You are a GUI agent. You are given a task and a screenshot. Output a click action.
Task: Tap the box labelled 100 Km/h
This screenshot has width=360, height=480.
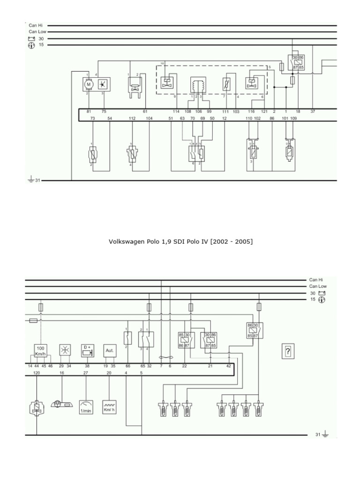click(x=41, y=351)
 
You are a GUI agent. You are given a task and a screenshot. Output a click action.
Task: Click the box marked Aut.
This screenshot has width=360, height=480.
click(x=109, y=350)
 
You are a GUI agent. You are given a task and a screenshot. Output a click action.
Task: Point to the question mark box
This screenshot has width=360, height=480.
click(x=287, y=351)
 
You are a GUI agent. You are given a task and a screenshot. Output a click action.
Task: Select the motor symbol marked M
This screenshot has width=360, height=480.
click(x=88, y=84)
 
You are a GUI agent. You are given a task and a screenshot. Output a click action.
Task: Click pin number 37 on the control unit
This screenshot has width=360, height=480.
click(x=313, y=112)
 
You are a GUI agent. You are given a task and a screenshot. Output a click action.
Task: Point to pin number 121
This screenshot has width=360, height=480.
click(x=264, y=112)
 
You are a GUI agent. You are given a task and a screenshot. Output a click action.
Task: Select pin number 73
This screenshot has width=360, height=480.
click(x=93, y=119)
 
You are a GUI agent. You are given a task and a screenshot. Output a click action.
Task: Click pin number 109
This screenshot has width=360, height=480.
click(x=293, y=119)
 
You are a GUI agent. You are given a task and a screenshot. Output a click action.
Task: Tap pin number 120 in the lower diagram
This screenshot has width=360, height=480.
click(x=37, y=373)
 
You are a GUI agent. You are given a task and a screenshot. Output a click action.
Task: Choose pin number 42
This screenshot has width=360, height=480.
click(x=228, y=365)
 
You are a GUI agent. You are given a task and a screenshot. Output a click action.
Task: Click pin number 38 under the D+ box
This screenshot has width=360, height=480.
click(x=87, y=365)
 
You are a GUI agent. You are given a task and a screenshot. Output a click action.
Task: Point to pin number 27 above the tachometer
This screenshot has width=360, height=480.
click(x=86, y=373)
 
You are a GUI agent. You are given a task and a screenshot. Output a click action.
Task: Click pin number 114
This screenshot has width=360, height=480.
click(x=176, y=112)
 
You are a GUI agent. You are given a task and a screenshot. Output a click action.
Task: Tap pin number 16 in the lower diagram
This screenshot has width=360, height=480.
click(x=62, y=373)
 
